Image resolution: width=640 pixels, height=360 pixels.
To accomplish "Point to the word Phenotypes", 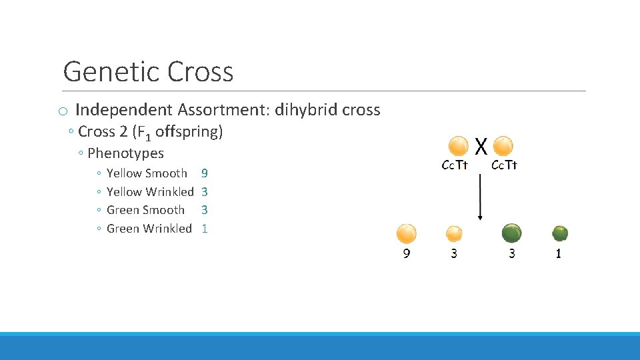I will (125, 153).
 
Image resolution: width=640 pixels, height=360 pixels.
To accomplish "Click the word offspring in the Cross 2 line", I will (189, 132).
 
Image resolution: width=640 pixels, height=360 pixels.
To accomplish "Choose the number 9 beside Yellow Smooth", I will (205, 173).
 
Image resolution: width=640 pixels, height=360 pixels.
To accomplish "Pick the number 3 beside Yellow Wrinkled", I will (205, 192).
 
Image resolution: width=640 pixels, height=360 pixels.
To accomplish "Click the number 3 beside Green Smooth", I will (205, 210).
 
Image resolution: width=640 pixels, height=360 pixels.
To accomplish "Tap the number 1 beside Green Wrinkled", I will (205, 229).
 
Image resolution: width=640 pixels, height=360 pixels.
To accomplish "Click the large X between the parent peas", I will (481, 146).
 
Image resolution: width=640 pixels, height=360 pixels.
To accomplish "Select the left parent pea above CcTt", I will (459, 146).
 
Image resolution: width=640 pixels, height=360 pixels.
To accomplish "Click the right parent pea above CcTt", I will (503, 146).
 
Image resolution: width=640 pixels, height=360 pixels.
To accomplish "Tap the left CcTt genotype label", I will (455, 165).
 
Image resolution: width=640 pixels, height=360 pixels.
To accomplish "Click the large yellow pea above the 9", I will (406, 233).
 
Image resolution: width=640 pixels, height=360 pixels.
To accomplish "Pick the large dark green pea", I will (511, 233).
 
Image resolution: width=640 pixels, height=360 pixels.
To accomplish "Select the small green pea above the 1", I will (559, 233).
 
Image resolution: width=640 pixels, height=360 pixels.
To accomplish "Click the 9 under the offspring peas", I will (406, 254).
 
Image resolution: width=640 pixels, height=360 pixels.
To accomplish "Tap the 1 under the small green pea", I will (559, 254).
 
